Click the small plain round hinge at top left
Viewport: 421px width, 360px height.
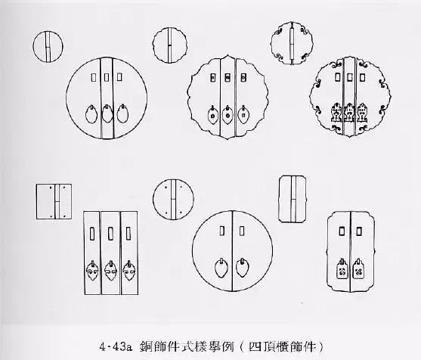48,48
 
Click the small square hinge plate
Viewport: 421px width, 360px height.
51,200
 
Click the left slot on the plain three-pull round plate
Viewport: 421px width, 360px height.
91,76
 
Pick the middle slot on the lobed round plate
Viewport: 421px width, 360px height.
226,76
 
